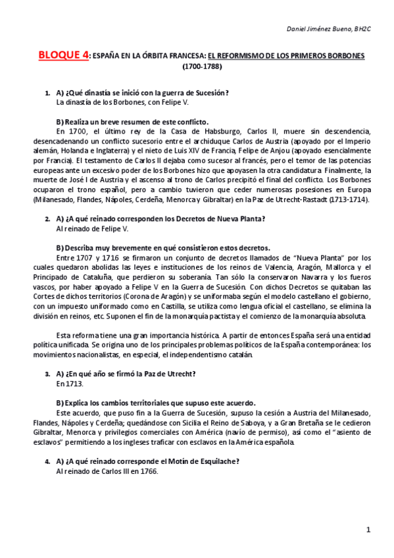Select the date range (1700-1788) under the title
point(203,66)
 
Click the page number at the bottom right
point(369,529)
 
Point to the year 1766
point(147,471)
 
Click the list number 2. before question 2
point(47,218)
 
